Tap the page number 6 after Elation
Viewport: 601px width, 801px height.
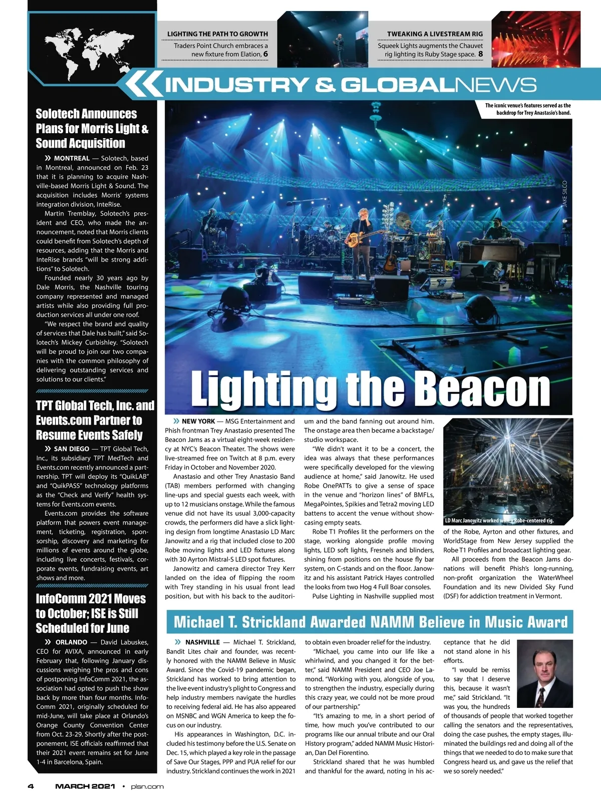point(265,54)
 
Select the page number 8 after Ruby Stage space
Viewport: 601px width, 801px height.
point(480,54)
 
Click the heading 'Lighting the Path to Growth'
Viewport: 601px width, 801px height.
point(217,34)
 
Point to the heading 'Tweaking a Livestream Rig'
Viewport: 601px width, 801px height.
point(435,34)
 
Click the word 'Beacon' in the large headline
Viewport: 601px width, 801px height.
point(483,389)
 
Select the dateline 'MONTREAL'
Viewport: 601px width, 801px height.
point(72,158)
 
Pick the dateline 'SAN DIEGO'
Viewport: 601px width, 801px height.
point(72,449)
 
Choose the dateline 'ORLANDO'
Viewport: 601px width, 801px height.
point(71,642)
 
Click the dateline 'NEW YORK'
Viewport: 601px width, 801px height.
point(198,422)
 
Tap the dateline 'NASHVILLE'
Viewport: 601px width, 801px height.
point(202,642)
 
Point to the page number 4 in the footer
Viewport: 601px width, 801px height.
point(31,786)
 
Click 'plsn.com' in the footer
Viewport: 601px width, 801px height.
point(147,786)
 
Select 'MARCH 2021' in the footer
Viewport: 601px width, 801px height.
point(85,786)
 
